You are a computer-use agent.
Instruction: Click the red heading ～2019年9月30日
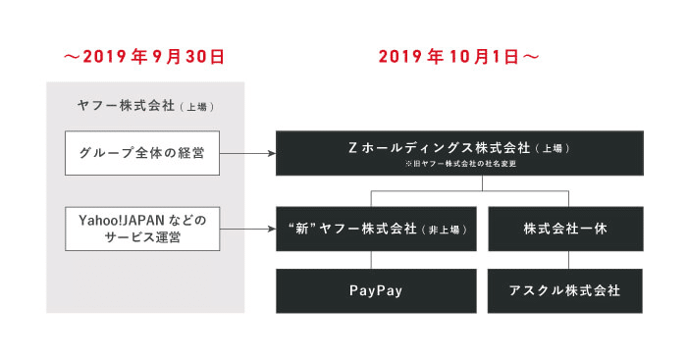[x=144, y=57]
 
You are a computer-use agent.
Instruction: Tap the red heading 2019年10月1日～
[x=459, y=57]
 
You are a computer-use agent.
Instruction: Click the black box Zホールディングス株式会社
[x=459, y=153]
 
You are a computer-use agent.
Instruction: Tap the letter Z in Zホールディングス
[x=352, y=147]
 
